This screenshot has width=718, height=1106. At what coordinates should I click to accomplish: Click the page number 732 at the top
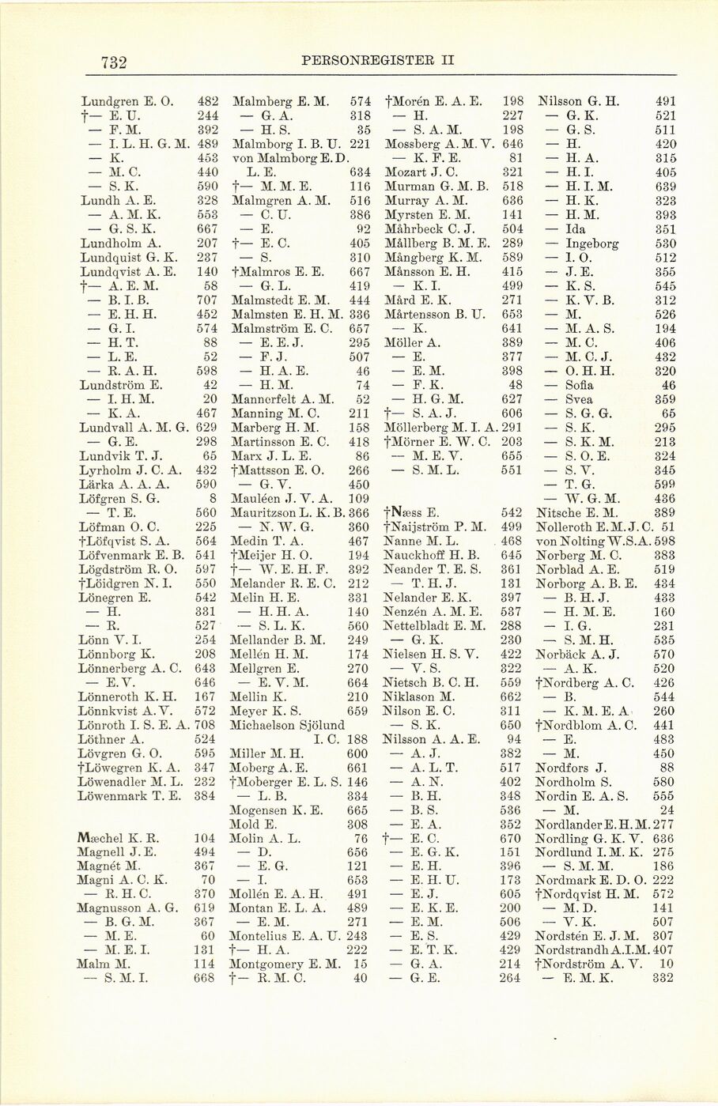[x=115, y=62]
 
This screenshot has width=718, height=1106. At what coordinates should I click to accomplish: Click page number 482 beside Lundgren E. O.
[x=207, y=102]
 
